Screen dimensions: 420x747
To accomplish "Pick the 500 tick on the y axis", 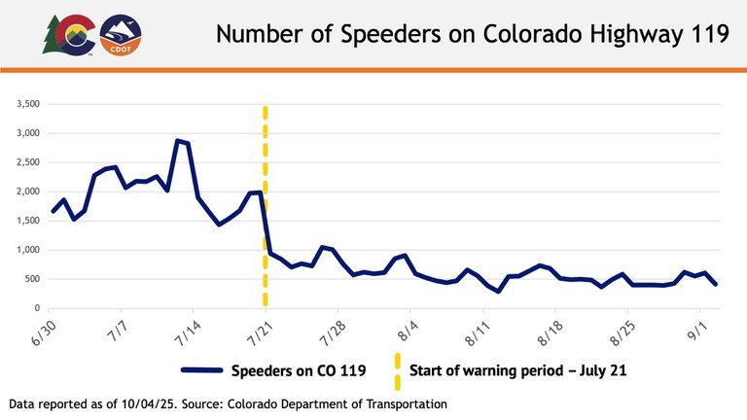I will point(28,279).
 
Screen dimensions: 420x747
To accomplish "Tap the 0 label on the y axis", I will point(34,308).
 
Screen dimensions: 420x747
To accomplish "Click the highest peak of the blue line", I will point(177,141).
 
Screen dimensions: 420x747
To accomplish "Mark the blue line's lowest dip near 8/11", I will point(499,292).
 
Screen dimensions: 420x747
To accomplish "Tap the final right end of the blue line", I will point(717,284).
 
